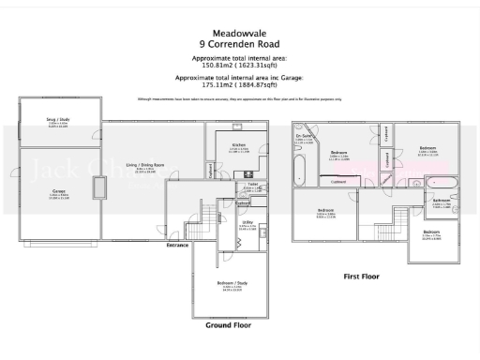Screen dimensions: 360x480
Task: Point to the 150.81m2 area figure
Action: coord(214,66)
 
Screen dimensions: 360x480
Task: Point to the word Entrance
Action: coord(178,246)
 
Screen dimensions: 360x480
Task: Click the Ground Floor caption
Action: coord(228,325)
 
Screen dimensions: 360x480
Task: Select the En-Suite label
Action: coord(304,138)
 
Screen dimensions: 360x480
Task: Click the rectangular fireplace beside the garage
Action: coord(98,187)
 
